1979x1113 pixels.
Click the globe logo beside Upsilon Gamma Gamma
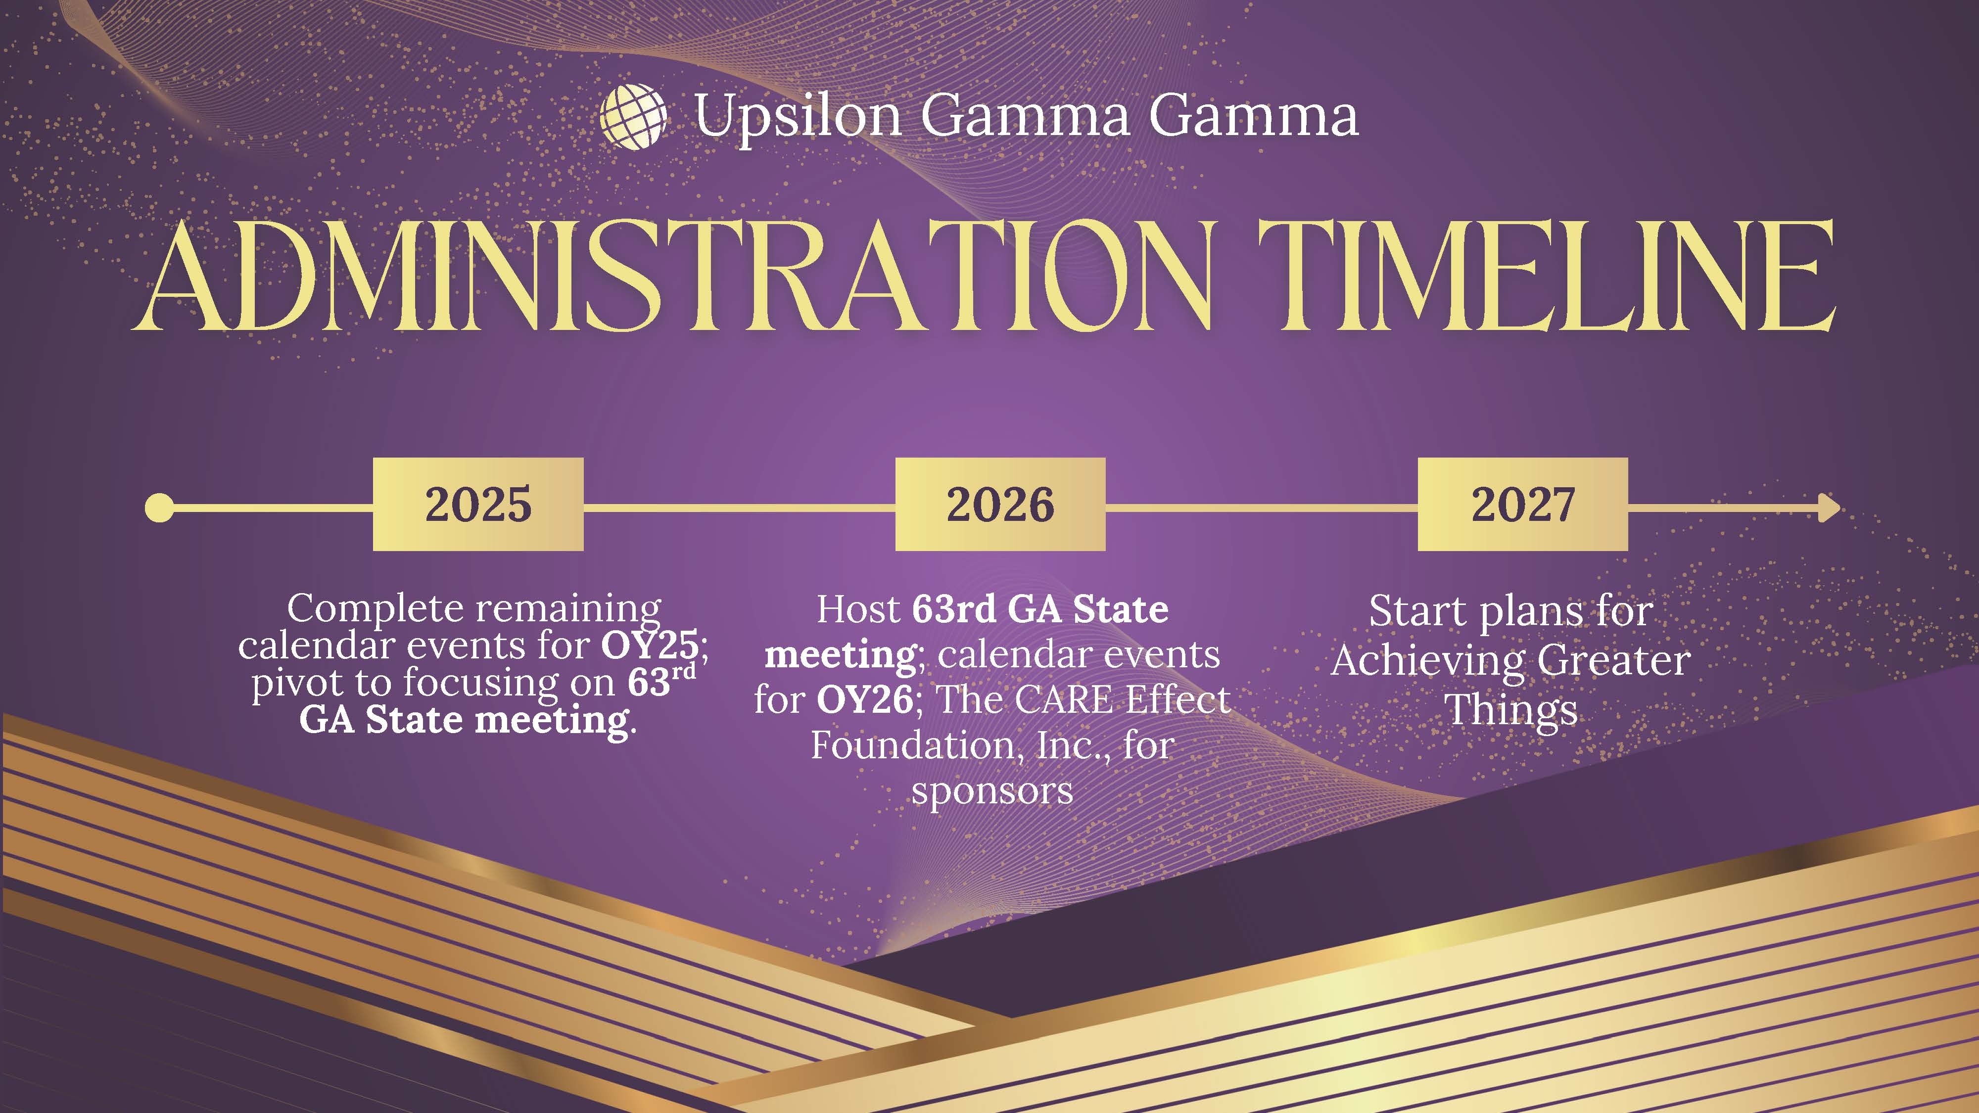(x=633, y=115)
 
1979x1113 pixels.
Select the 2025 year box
(x=478, y=504)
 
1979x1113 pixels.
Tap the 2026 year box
(x=1000, y=504)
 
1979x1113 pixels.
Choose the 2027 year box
(x=1523, y=504)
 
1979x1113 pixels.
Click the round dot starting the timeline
(x=160, y=508)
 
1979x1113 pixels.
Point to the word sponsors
(x=992, y=791)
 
